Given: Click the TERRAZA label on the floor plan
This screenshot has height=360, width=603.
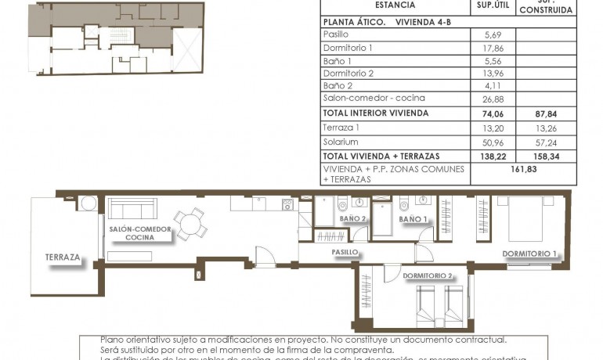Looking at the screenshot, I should tap(63, 257).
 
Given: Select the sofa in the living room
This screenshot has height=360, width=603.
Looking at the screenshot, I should tap(132, 208).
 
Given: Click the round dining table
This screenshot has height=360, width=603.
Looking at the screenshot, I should tap(188, 223).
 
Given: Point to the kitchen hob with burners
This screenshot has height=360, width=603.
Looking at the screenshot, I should tap(287, 205).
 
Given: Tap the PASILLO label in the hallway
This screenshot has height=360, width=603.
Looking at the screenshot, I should tap(345, 253).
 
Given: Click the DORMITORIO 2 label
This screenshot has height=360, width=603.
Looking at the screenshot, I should tap(428, 275).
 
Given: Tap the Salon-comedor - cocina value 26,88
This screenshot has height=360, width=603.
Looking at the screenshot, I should tap(494, 99).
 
